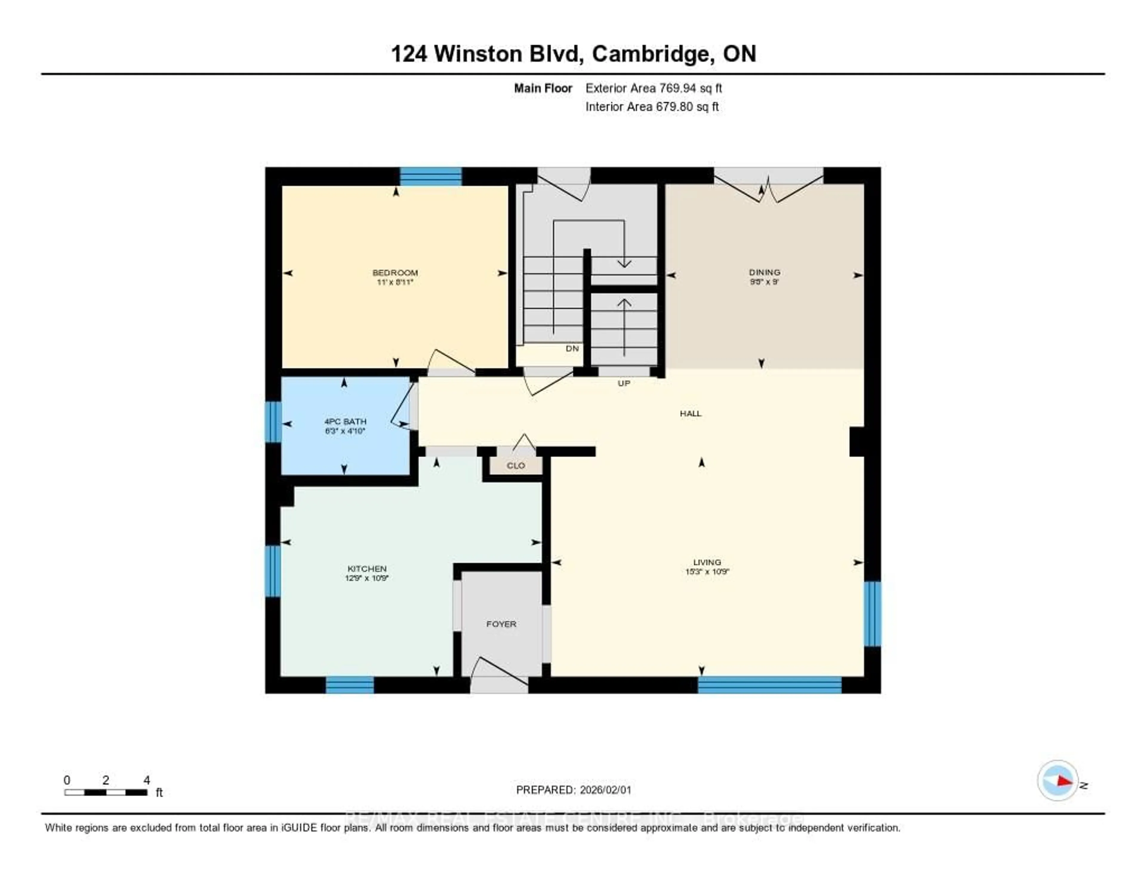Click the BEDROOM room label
(x=395, y=273)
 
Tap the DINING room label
(x=765, y=272)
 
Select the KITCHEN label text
(x=367, y=569)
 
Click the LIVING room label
(x=707, y=562)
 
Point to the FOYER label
(x=501, y=624)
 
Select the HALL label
(x=691, y=413)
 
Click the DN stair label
(x=572, y=348)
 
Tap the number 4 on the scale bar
(x=147, y=780)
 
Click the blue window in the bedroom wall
(x=431, y=177)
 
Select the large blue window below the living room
(x=769, y=685)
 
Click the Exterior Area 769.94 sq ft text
(x=653, y=88)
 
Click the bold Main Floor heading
(x=543, y=88)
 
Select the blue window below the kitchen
(x=350, y=685)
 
